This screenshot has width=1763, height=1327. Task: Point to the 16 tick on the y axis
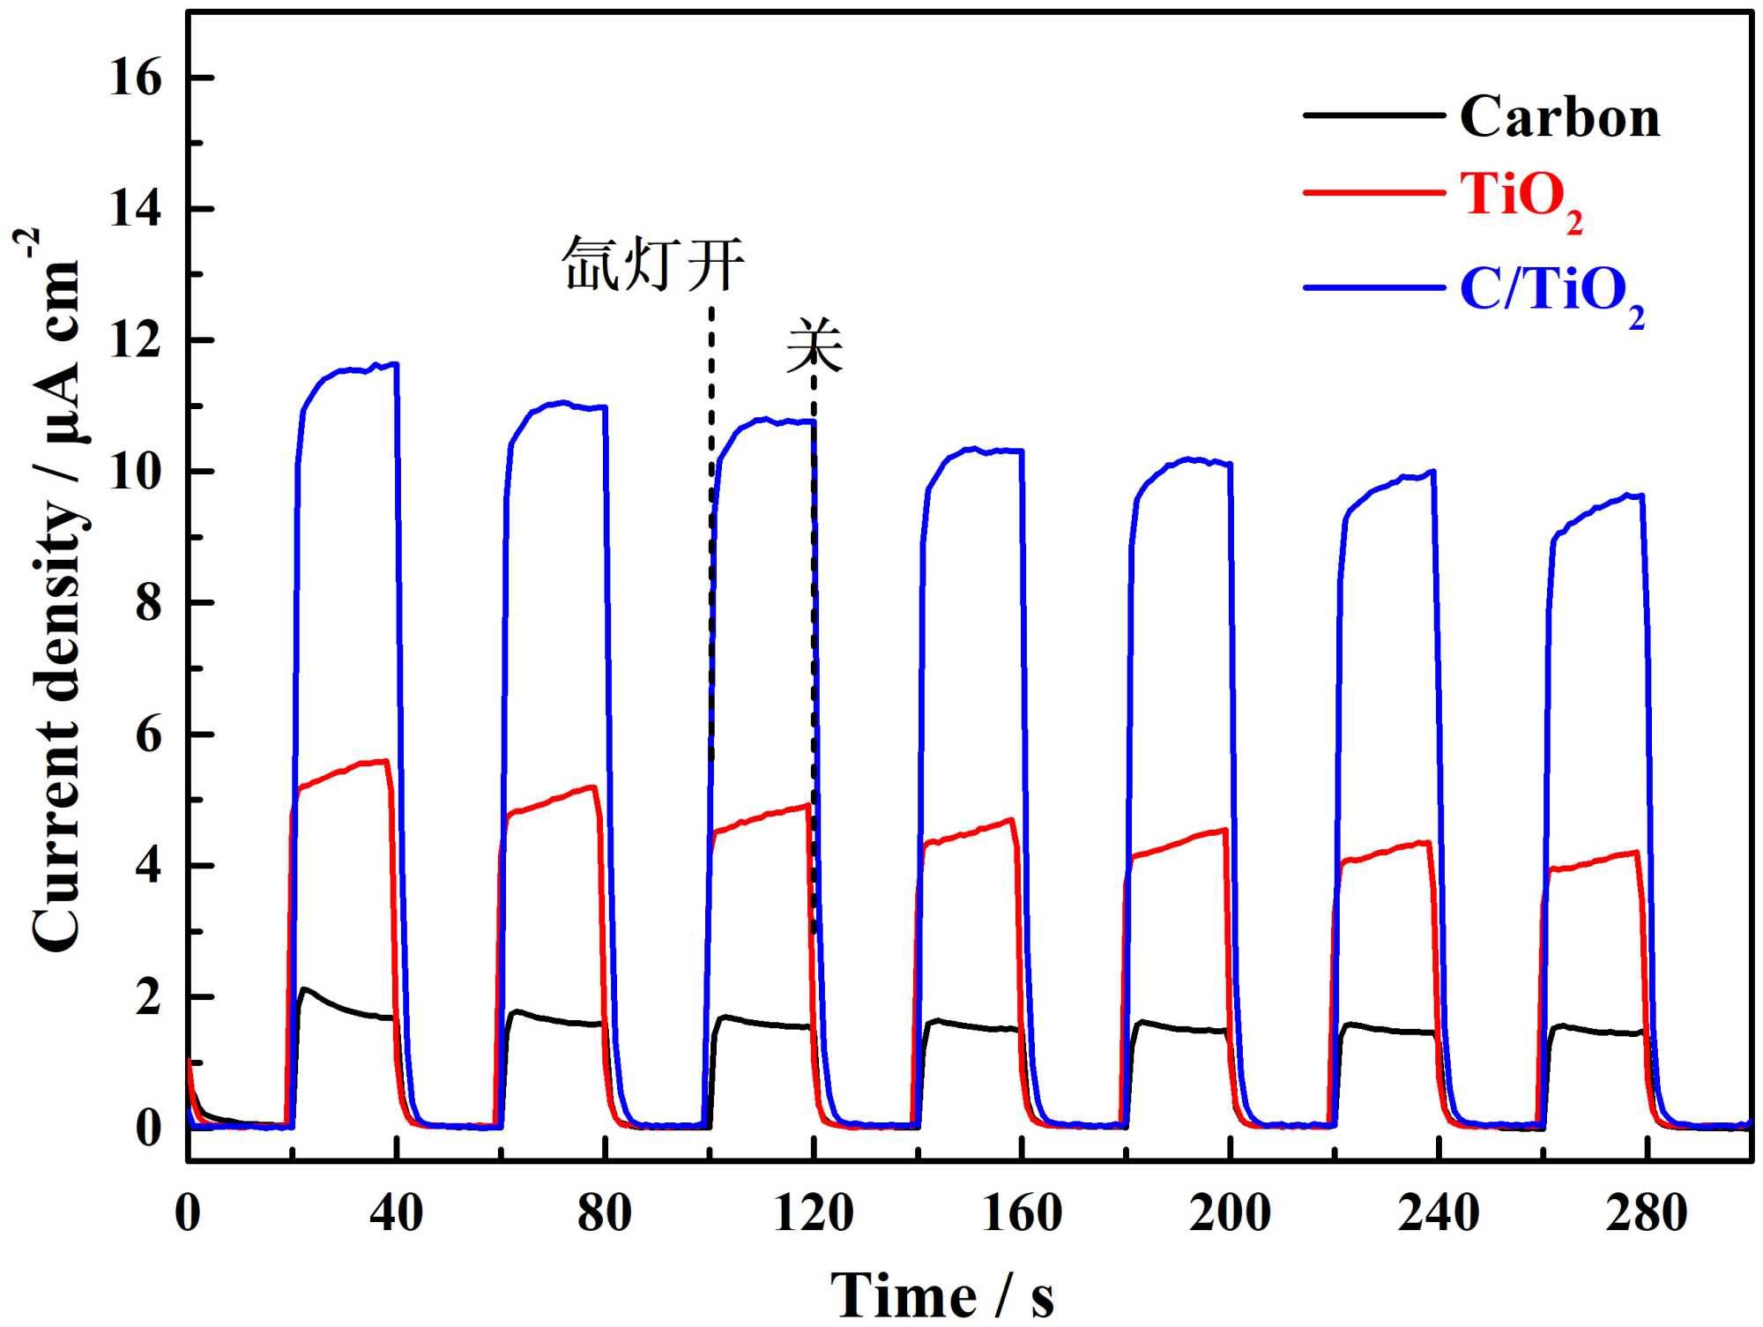coord(136,78)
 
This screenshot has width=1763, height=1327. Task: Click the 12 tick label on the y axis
coord(136,340)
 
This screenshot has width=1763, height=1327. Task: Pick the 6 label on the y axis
coord(148,734)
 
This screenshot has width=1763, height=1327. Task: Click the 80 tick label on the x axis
coord(605,1213)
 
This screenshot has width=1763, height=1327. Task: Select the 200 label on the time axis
coord(1229,1213)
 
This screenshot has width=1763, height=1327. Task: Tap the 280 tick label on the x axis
coord(1646,1213)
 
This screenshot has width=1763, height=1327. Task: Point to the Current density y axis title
coord(55,591)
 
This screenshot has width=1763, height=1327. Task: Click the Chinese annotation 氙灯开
coord(653,263)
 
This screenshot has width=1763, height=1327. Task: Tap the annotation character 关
coord(815,346)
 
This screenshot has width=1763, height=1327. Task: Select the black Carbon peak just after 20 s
coord(306,990)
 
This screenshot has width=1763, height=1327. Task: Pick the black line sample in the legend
coord(1373,116)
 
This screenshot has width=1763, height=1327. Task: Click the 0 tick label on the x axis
coord(188,1213)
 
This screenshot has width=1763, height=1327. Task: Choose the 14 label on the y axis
coord(136,209)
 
